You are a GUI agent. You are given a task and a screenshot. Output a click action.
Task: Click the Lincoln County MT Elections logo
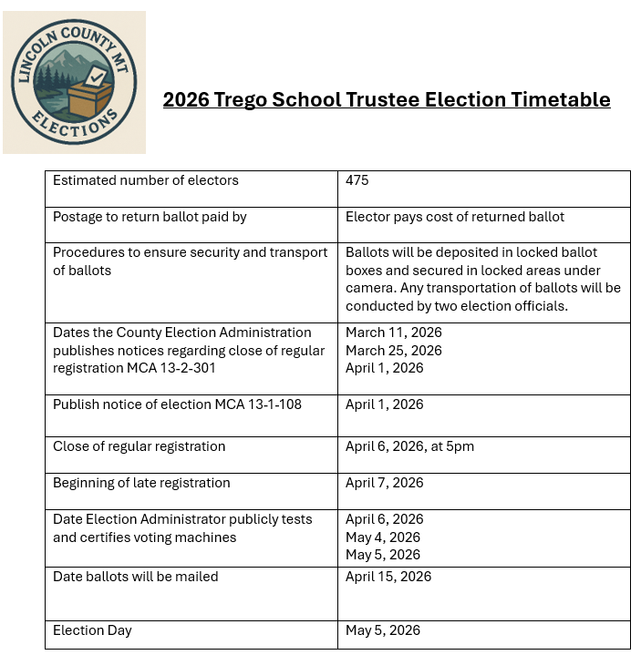(75, 82)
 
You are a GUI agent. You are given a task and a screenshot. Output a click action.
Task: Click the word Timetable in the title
(560, 99)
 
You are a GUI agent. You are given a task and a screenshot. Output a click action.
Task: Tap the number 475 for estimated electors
(357, 180)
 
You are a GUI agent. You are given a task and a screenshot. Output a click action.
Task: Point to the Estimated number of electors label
(146, 180)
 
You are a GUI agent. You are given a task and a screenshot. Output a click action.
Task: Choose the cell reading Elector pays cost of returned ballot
(455, 217)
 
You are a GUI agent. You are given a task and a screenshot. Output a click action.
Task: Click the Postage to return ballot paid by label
(150, 217)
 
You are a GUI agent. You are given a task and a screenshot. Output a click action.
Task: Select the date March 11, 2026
(394, 333)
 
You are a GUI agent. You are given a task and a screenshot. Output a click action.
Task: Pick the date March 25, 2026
(394, 351)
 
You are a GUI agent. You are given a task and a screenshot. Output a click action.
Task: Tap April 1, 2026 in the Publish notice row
(385, 404)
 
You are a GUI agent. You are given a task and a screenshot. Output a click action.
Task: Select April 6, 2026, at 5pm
(409, 446)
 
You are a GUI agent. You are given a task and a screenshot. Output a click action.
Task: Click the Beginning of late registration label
(141, 483)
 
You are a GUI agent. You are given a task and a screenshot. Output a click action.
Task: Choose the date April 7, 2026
(385, 483)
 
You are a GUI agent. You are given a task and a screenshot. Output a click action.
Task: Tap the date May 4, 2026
(383, 537)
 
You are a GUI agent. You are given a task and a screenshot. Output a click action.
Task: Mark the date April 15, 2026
(388, 577)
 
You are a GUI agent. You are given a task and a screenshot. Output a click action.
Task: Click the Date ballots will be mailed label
(136, 577)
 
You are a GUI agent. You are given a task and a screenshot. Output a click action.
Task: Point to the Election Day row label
(92, 630)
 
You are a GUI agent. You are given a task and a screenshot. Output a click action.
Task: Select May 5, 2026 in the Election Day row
(383, 630)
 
